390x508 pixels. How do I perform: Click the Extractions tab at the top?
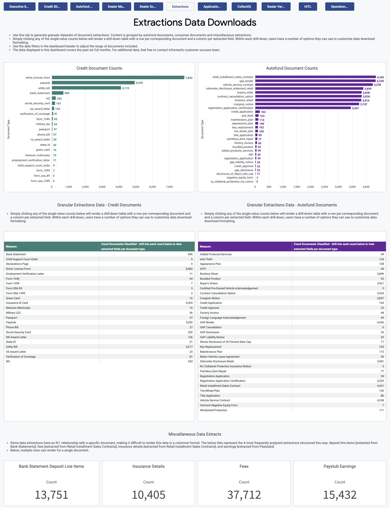[x=180, y=6]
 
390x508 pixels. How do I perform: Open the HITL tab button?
[x=308, y=6]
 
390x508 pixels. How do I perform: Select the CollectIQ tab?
[x=244, y=6]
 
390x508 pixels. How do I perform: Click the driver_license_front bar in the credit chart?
[x=118, y=78]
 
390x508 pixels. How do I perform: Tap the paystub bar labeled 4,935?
[x=93, y=83]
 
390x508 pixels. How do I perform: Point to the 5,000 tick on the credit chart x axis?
[x=136, y=187]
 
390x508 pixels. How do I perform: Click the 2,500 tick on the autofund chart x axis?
[x=324, y=187]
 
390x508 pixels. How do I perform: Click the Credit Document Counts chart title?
[x=99, y=68]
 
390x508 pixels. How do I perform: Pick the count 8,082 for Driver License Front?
[x=189, y=269]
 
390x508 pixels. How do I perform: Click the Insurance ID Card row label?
[x=17, y=303]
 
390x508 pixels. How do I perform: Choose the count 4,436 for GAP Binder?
[x=380, y=322]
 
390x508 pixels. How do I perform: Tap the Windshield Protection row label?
[x=214, y=410]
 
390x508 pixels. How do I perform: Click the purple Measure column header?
[x=205, y=247]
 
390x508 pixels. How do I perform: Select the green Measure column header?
[x=11, y=247]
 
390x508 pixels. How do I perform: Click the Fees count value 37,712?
[x=244, y=495]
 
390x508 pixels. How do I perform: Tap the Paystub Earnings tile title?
[x=340, y=466]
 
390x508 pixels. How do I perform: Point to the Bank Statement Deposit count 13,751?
[x=51, y=495]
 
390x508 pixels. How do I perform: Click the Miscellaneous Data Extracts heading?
[x=195, y=434]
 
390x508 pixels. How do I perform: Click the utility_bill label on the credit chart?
[x=44, y=88]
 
